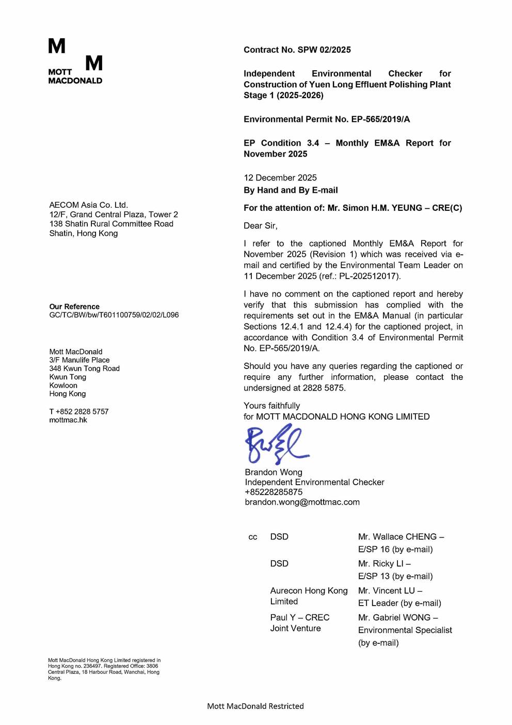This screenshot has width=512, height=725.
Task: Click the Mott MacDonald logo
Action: click(75, 61)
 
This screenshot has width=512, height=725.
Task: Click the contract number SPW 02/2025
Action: click(324, 50)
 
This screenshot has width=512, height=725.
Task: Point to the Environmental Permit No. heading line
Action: click(327, 119)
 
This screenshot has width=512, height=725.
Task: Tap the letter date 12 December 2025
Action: click(280, 178)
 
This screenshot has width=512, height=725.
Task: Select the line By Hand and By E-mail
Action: click(291, 190)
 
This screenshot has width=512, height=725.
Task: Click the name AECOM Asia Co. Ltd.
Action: click(89, 205)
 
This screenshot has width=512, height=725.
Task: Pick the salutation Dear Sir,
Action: click(261, 226)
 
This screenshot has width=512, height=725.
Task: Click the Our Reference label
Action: click(74, 306)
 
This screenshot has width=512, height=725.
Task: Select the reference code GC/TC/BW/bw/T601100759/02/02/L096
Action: click(114, 315)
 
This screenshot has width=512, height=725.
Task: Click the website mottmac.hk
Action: click(68, 420)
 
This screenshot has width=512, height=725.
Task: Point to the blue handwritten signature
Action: click(276, 444)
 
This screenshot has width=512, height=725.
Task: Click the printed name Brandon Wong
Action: click(274, 472)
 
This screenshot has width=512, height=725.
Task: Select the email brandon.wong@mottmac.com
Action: click(302, 502)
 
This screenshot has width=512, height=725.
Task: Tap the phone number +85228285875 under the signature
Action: click(274, 492)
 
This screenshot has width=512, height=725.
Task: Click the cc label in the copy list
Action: click(253, 537)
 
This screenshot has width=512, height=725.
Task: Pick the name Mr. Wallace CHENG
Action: click(397, 537)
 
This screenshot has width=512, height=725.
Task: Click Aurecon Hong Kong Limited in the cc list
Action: click(309, 596)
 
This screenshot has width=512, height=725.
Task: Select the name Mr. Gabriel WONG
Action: click(395, 618)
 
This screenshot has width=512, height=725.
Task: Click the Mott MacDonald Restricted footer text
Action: click(255, 706)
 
